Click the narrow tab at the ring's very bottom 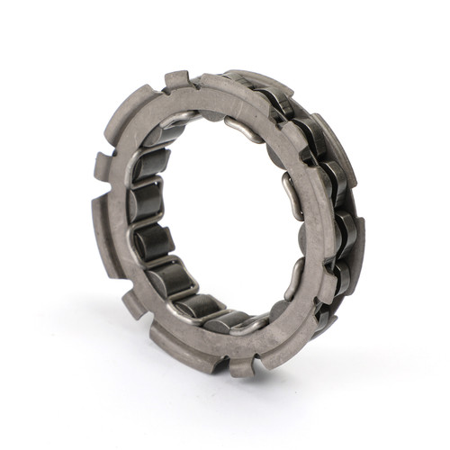[242, 365]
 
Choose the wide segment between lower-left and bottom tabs [180, 346]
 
